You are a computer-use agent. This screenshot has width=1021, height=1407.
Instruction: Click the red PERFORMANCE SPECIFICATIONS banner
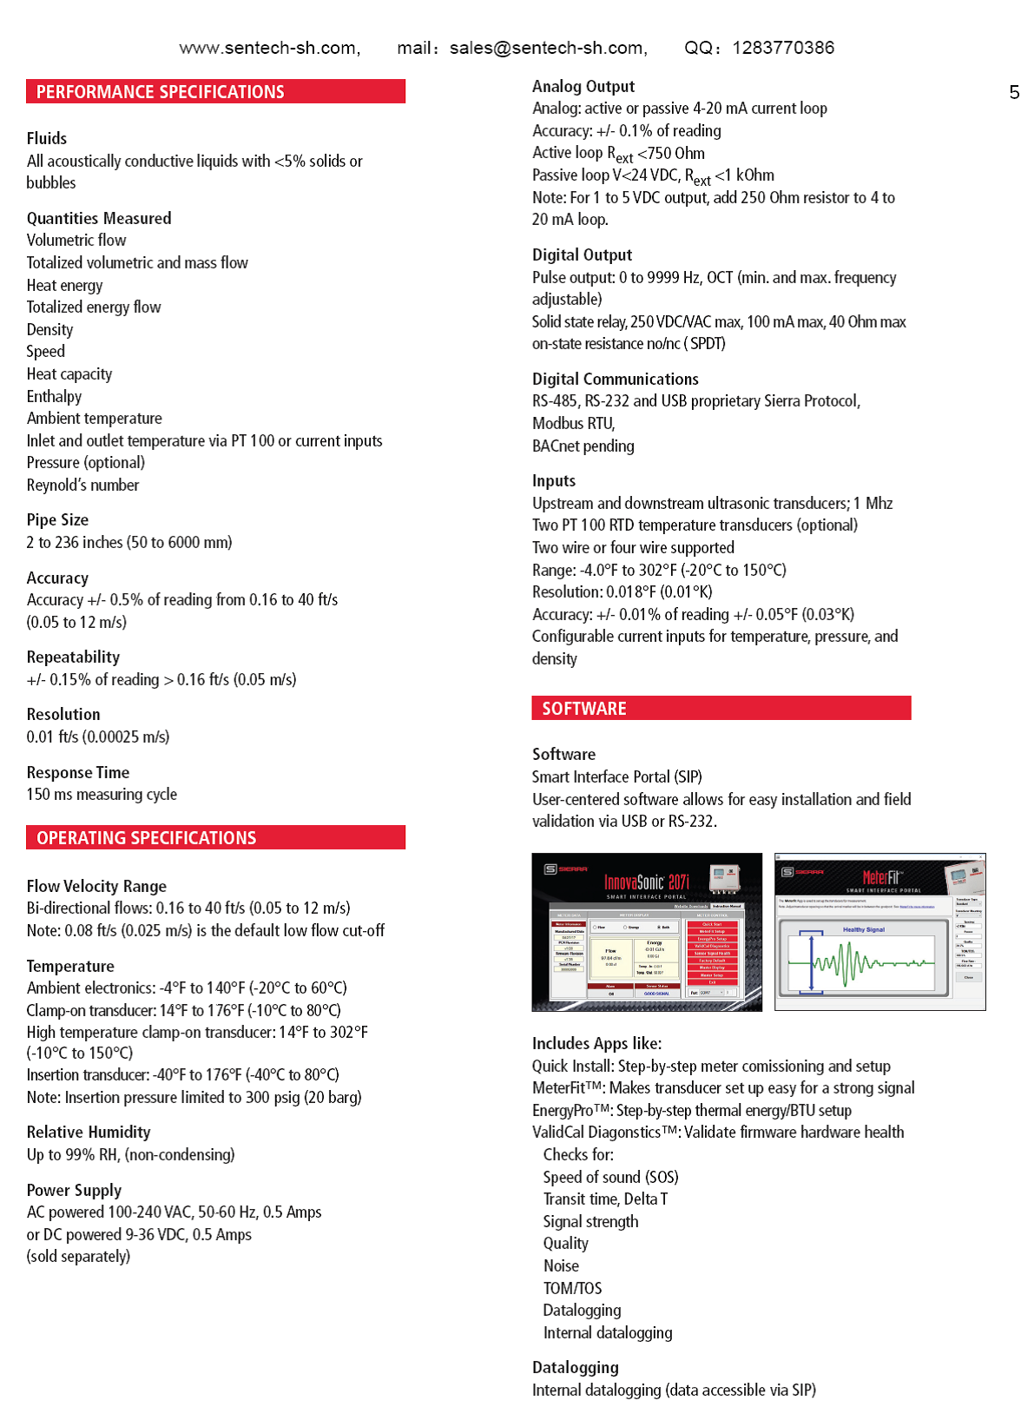(x=215, y=92)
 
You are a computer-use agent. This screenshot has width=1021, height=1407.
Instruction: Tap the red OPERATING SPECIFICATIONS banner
(x=215, y=838)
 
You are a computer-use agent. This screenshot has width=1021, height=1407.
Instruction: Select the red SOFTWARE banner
(x=721, y=709)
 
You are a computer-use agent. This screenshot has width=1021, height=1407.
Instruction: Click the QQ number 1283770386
(x=783, y=48)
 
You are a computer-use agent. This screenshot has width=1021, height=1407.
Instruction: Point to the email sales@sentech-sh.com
(x=547, y=48)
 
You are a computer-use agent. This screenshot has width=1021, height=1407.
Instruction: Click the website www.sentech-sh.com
(x=268, y=48)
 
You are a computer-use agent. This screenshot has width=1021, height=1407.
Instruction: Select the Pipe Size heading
(x=57, y=520)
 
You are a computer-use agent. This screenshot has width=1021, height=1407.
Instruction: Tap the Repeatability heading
(x=73, y=657)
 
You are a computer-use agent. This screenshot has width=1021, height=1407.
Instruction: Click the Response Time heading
(x=78, y=773)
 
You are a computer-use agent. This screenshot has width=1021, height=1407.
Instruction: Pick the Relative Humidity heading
(x=89, y=1133)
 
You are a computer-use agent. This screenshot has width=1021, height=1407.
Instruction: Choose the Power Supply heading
(x=74, y=1191)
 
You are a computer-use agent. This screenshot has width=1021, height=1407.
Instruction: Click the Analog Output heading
(x=583, y=87)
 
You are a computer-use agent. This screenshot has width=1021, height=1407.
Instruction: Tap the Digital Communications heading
(x=615, y=380)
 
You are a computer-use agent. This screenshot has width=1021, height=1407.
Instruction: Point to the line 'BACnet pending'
(x=583, y=446)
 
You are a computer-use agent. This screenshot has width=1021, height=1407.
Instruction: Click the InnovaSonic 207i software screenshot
(x=647, y=932)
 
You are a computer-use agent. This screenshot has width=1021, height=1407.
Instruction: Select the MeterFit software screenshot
(x=879, y=932)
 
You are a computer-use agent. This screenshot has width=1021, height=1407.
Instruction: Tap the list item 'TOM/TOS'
(x=572, y=1289)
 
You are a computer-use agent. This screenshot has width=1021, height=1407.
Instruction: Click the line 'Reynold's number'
(x=82, y=486)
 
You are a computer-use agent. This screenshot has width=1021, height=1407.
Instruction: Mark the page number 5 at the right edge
(x=1014, y=92)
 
